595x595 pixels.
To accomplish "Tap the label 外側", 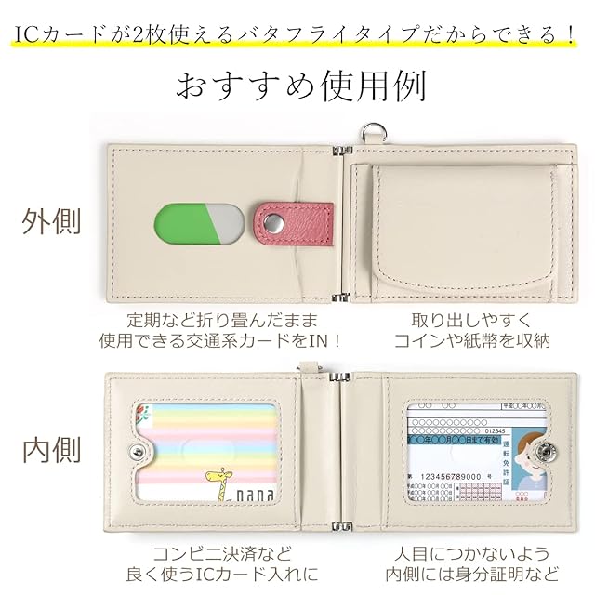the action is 52,222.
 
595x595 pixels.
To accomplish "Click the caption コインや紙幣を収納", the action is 472,340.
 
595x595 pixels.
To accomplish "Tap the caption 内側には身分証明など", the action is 472,573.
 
